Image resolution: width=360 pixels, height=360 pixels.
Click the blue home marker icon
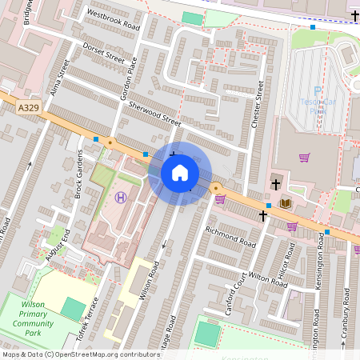click(180, 173)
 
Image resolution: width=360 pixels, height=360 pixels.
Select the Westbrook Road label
click(113, 20)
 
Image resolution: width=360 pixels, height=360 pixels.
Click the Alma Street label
click(58, 78)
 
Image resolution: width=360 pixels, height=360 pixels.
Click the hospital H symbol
click(121, 197)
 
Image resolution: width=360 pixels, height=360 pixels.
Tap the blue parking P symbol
click(318, 91)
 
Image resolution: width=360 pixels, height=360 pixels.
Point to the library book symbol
click(285, 204)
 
